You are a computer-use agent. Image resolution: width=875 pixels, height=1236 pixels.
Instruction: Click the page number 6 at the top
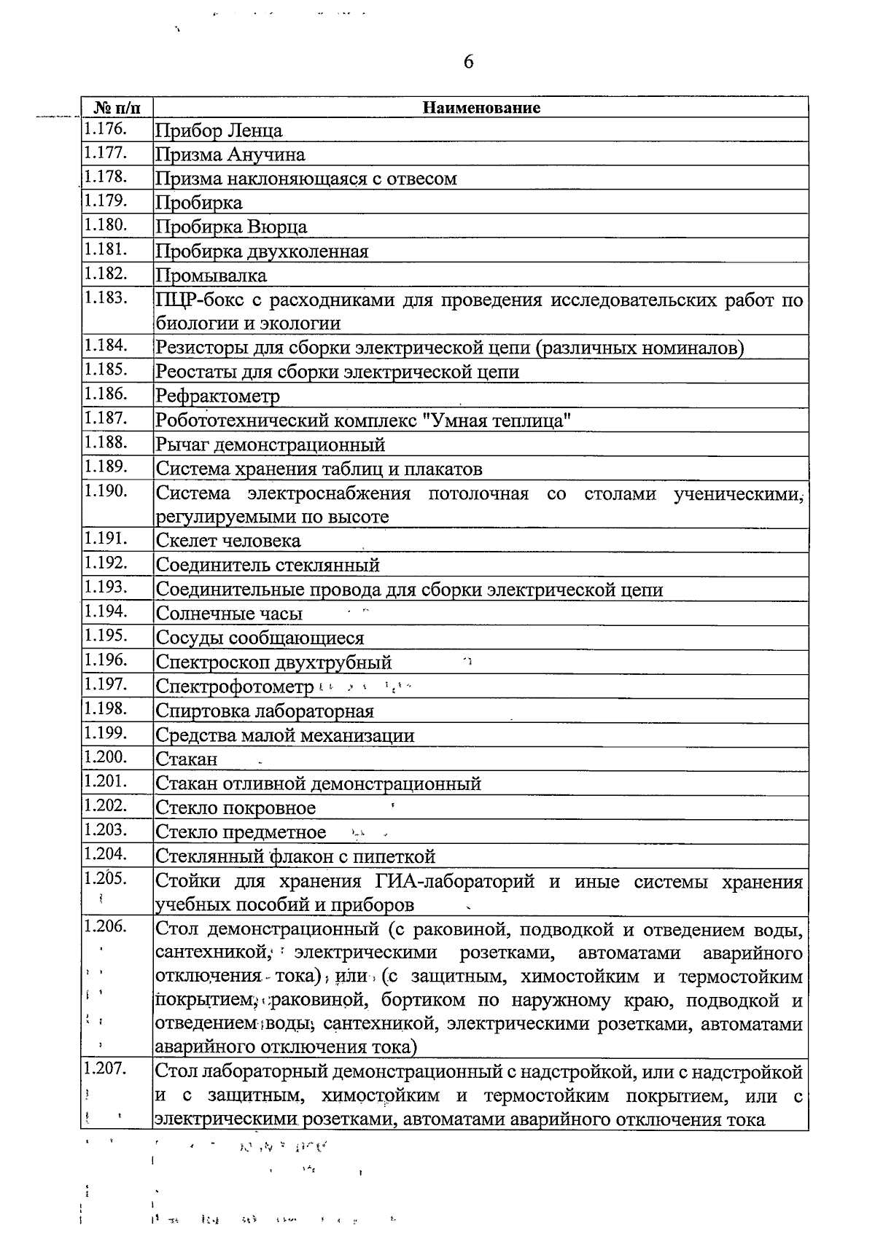coord(468,62)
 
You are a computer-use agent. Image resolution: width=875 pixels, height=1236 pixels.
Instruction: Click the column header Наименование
coord(482,108)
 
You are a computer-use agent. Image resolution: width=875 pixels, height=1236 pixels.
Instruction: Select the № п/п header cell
coord(117,108)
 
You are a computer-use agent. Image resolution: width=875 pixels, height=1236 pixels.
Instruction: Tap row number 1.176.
coord(105,130)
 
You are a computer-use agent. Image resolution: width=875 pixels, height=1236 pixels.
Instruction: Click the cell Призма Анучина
coord(230,154)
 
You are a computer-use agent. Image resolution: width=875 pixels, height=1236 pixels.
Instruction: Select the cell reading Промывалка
coord(211,275)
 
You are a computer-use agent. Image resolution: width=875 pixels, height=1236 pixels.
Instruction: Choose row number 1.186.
coord(105,394)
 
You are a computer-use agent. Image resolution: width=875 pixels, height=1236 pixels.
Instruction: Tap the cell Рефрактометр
coord(218,396)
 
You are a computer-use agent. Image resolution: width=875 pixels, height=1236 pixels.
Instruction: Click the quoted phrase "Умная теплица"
coord(497,421)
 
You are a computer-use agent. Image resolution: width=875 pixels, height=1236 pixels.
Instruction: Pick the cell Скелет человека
coord(228,541)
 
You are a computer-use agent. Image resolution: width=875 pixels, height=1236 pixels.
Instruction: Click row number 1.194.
coord(105,611)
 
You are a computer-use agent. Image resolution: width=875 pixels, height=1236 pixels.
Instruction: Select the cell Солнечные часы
coord(229,614)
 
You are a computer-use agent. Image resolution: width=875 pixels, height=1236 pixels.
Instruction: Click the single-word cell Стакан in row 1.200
coord(187,759)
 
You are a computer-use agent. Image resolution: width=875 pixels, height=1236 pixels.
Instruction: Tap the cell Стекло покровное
coord(236,808)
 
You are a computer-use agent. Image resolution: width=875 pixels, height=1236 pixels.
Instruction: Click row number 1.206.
coord(105,926)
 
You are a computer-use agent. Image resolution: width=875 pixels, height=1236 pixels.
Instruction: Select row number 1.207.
coord(105,1069)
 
